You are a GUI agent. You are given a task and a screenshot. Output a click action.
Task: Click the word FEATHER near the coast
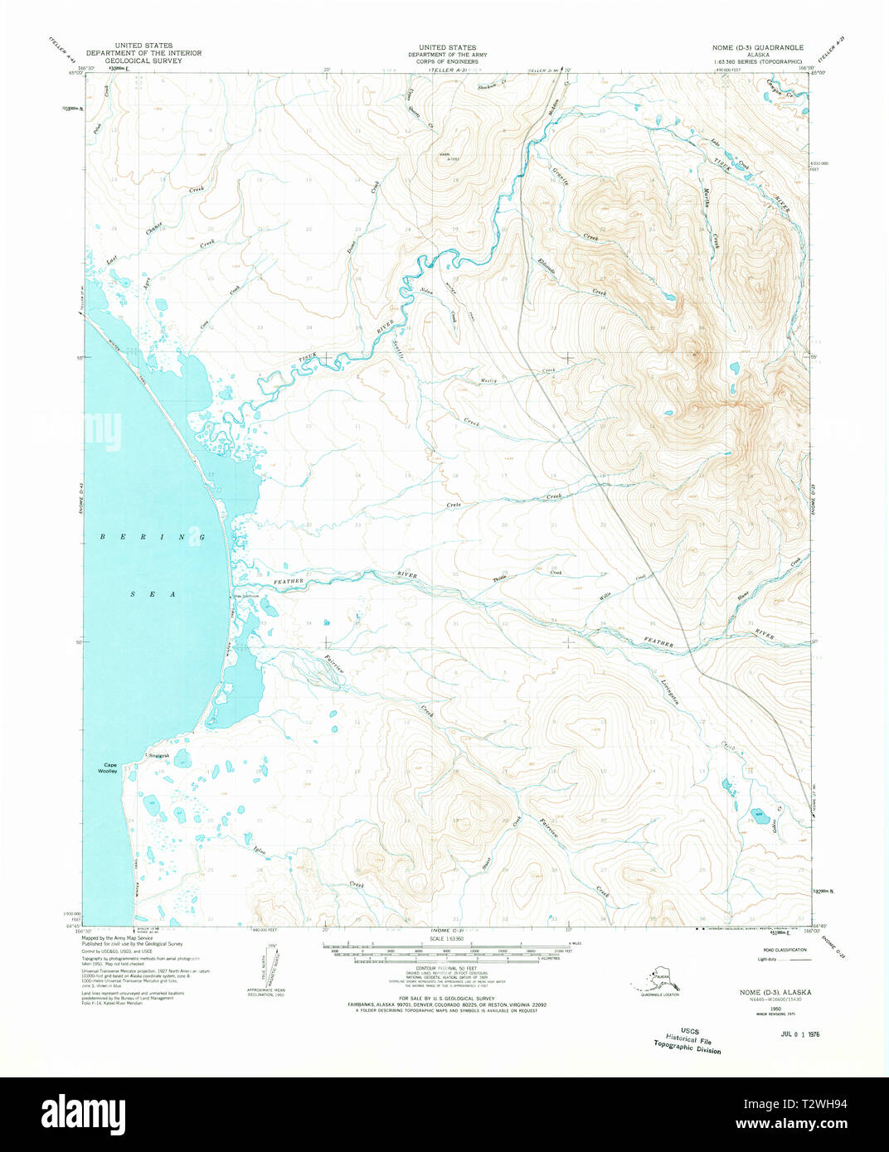point(290,582)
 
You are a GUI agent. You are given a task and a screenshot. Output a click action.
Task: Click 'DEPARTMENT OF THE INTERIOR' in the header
point(143,53)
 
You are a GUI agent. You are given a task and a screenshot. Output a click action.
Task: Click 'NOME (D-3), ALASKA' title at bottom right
point(775,992)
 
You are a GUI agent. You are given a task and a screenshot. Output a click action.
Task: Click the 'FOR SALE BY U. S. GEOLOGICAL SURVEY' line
point(447,998)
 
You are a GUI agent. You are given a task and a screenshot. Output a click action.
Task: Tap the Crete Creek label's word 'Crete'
point(454,505)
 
